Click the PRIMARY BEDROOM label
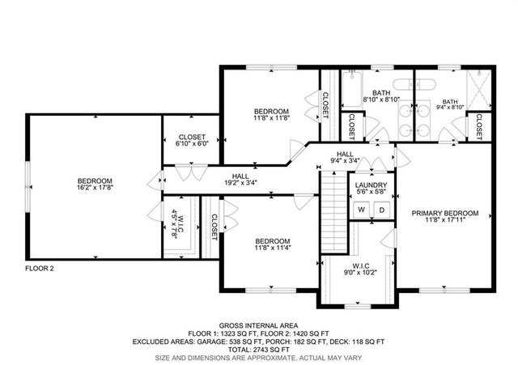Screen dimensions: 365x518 444,214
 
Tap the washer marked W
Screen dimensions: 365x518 361,210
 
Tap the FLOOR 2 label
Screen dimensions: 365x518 39,268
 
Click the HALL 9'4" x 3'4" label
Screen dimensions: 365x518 345,156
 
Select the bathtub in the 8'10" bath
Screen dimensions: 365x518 351,91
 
